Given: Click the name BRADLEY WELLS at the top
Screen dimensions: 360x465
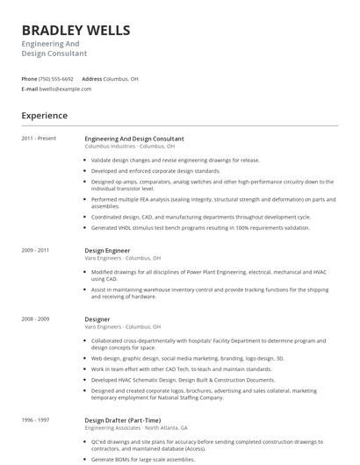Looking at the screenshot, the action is coord(76,31).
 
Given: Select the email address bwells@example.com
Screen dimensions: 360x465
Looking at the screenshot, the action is coord(66,89).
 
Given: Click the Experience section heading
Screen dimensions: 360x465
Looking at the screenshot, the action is coord(45,116).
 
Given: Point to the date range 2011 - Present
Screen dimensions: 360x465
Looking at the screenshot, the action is coord(39,139).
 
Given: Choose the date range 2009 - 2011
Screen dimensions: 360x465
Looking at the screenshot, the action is coord(36,250).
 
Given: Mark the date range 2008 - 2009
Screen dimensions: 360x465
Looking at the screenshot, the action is coord(36,318).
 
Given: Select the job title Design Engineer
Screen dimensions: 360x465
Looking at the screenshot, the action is coord(107,250).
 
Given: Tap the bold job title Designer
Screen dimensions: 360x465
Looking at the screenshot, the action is coord(97,319).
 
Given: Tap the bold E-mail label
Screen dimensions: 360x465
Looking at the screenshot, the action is coord(30,89).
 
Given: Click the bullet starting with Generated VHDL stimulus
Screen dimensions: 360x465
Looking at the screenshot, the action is coord(200,227).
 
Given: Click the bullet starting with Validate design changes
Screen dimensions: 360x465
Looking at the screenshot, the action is coord(176,161).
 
